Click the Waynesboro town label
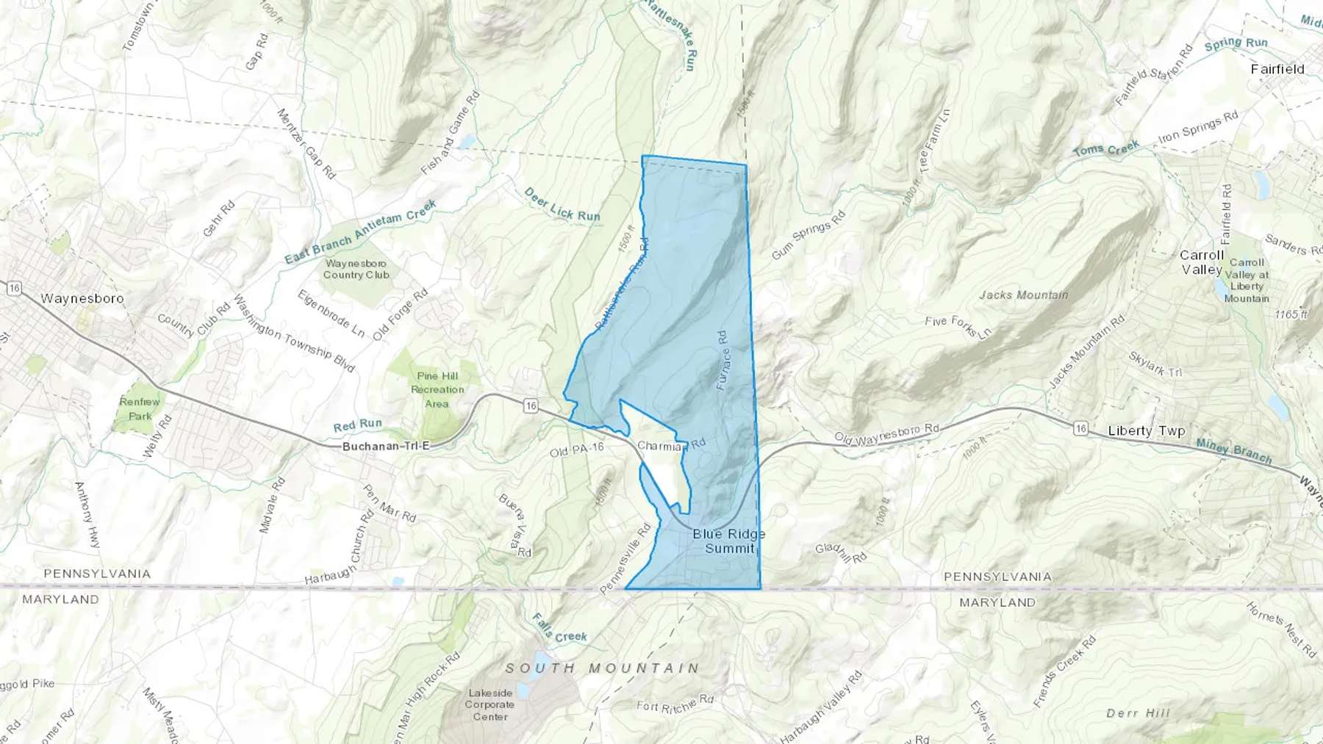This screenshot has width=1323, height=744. pos(82,299)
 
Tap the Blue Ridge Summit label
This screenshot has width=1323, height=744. pos(728,541)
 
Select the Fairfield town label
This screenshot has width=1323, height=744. pos(1277,69)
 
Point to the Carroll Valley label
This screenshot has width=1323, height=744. pos(1202,262)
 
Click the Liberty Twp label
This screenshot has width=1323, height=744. pos(1146,431)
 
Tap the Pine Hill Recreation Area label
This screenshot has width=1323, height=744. pos(437,389)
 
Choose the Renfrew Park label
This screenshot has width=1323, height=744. pos(140,408)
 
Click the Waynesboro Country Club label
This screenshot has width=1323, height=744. pos(356,269)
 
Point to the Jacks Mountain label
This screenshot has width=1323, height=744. pos(1023,295)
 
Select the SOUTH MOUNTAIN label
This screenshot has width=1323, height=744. pos(603,668)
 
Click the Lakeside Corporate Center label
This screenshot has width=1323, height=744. pos(490,704)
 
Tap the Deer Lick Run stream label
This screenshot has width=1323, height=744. pos(562,205)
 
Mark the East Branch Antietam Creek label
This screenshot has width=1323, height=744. pos(360,232)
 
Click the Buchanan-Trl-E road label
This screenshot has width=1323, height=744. pos(385,447)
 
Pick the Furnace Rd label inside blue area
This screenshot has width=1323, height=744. pos(723,360)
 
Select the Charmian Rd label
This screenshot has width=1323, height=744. pos(671,445)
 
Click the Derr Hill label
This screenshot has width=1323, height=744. pos(1138,713)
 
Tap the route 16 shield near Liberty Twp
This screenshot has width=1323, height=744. pos(1080,428)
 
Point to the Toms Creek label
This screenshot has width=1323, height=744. pos(1105,149)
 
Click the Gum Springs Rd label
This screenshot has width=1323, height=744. pos(808,236)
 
